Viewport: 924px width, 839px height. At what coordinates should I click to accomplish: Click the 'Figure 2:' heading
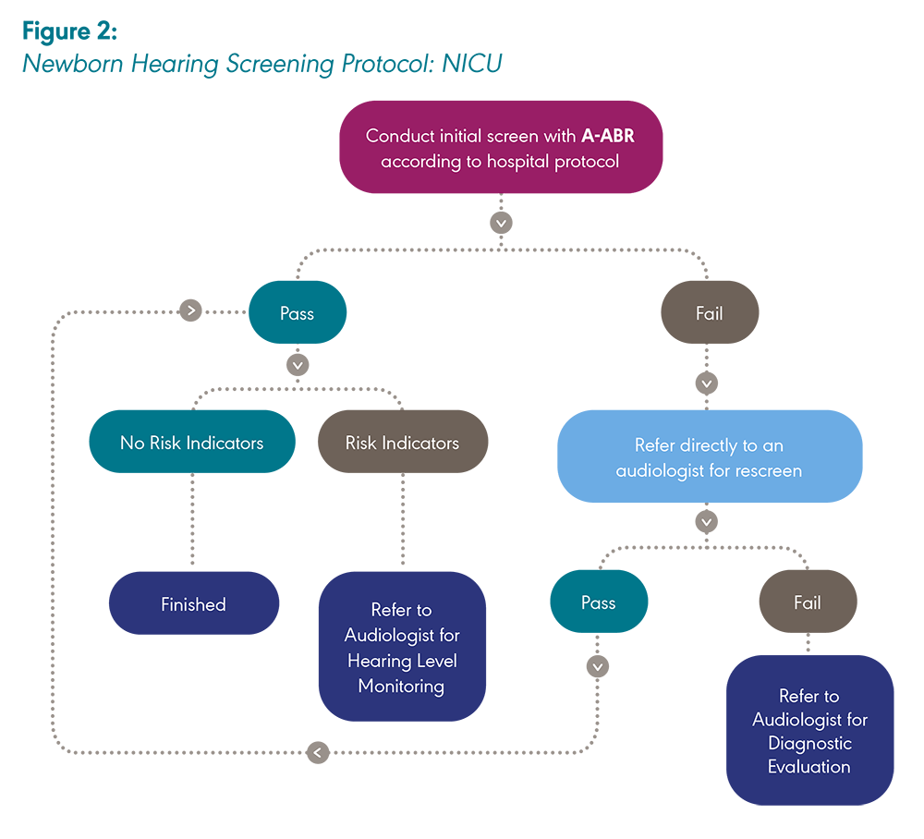coord(69,31)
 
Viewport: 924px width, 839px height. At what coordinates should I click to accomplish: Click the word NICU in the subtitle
coord(469,64)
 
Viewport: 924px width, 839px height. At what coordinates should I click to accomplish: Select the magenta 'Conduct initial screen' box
coord(501,147)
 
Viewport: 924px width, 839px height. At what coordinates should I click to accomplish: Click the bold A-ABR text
coord(607,136)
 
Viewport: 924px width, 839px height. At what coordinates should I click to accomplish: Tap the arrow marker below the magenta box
coord(501,223)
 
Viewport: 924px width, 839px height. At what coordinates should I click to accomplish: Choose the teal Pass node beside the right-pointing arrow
coord(297,313)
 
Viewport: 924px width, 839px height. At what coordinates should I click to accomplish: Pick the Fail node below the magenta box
coord(709,313)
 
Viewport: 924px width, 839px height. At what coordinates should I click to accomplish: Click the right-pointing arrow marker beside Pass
coord(191,310)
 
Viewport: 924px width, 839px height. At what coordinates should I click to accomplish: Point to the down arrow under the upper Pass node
coord(297,365)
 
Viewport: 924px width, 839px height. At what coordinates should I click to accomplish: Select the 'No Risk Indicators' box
coord(191,443)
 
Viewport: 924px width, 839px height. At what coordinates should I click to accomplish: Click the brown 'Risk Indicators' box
coord(402,443)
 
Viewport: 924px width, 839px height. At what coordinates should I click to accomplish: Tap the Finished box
coord(193,604)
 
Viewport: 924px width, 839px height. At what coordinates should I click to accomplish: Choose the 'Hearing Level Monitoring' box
coord(402,647)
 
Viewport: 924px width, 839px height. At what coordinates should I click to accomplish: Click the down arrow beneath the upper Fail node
coord(707,382)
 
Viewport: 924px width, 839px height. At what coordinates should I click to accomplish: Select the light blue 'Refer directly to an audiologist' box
coord(709,457)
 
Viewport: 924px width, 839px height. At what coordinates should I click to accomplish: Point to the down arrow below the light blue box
coord(707,522)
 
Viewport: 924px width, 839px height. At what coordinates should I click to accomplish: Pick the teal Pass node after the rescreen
coord(598,602)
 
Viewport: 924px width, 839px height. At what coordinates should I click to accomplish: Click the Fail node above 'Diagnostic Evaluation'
coord(808,602)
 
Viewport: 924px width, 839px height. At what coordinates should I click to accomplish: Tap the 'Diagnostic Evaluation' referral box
coord(809,730)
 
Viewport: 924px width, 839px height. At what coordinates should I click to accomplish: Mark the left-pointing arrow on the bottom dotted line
coord(318,752)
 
